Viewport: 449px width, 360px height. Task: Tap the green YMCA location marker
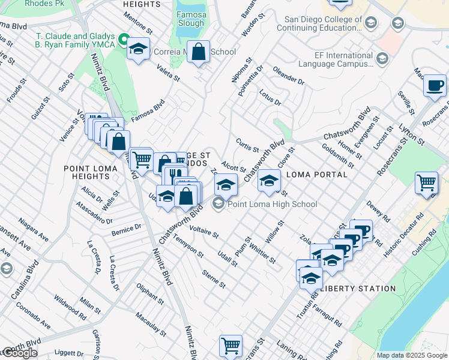click(124, 40)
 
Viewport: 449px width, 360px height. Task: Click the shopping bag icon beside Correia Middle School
click(199, 52)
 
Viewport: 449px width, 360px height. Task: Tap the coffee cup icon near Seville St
click(434, 85)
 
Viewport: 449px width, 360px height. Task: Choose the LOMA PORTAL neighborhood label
click(318, 175)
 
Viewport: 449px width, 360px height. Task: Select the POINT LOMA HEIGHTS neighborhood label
click(91, 173)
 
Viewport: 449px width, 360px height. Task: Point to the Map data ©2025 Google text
click(411, 355)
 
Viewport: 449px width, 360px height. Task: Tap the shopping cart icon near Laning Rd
click(231, 346)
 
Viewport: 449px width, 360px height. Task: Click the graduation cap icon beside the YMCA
click(139, 50)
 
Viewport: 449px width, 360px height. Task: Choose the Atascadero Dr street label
click(94, 212)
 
